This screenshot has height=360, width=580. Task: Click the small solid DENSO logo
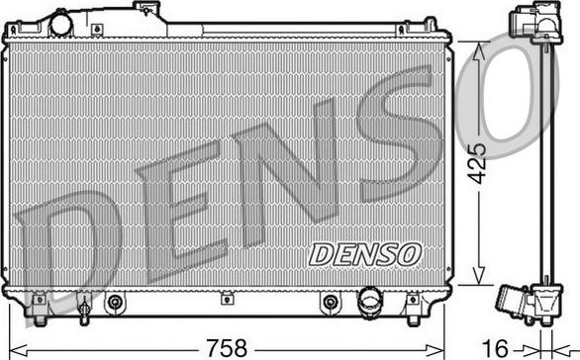[x=364, y=253]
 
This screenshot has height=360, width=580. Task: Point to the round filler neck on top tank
[x=63, y=21]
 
